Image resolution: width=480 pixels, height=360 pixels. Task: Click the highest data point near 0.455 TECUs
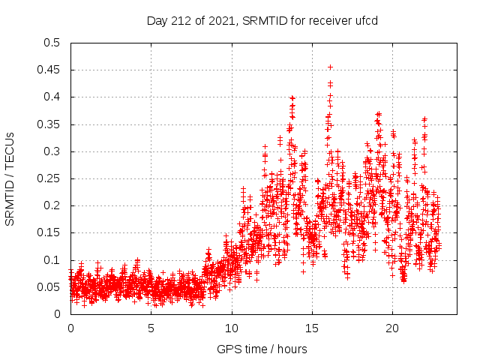point(330,67)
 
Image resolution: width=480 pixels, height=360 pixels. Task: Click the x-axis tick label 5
point(151,328)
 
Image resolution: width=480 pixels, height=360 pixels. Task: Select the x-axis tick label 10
point(232,328)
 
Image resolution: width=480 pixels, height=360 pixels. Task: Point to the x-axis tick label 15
point(312,328)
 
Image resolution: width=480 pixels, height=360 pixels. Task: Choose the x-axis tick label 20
point(392,328)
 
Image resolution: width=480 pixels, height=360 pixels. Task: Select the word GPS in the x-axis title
point(229,349)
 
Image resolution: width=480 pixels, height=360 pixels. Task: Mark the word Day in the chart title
point(156,20)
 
